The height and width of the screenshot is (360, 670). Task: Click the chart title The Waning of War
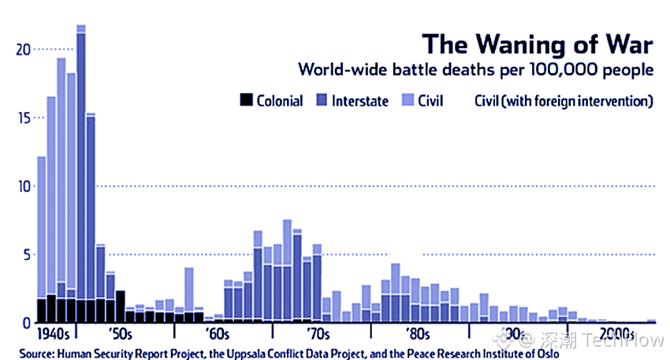pos(538,44)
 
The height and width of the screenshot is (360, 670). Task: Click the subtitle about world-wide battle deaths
pos(475,69)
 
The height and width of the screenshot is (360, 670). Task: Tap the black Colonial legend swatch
pos(246,100)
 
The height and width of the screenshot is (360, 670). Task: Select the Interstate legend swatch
pos(322,100)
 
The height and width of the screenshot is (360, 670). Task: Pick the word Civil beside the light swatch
pos(430,101)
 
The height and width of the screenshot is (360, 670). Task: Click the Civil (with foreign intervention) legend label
pos(564,101)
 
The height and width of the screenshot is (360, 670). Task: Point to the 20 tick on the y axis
pos(24,50)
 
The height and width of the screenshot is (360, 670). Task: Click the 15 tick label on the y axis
pos(24,118)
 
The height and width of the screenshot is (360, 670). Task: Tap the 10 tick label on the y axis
pos(24,186)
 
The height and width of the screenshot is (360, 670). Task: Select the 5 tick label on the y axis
pos(28,255)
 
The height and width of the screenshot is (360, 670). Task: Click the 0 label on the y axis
pos(27,323)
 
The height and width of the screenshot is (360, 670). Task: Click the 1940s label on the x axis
pos(53,334)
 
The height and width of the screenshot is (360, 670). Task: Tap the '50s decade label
pos(121,334)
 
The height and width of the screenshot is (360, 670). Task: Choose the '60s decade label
pos(218,334)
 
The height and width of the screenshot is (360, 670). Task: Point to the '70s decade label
pos(318,334)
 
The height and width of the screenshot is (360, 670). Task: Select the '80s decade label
pos(418,334)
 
